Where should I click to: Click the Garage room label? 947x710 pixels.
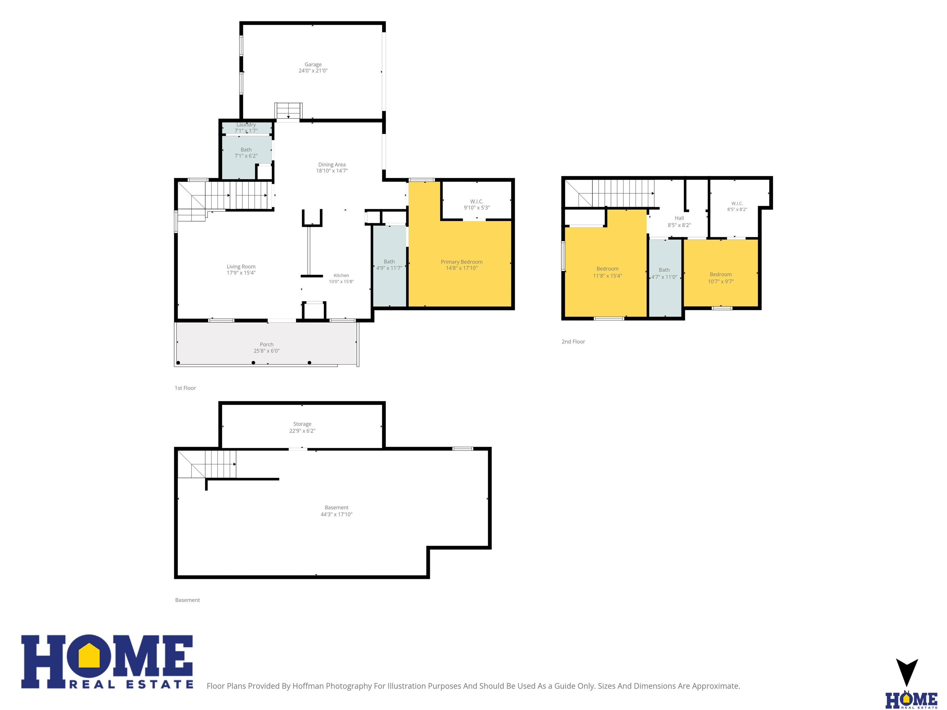coord(313,65)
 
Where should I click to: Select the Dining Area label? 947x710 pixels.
coord(332,165)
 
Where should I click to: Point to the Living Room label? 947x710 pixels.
coord(241,267)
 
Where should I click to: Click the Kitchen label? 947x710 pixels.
coord(341,275)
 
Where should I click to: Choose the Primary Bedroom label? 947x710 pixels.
coord(461,262)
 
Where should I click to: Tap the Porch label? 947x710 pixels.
coord(266,345)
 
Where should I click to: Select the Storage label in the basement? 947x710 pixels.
coord(302,424)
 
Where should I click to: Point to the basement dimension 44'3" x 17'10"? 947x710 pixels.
coord(337,514)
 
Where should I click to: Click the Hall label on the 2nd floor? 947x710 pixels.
coord(679,218)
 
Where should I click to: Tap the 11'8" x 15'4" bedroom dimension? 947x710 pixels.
coord(608,276)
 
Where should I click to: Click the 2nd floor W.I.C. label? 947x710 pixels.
coord(737,204)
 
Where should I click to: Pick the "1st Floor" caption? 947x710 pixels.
coord(185,388)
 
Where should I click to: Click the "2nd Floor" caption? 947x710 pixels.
coord(573,341)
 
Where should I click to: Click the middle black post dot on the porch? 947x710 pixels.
coord(253,363)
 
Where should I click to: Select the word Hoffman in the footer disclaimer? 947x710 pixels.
coord(308,686)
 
